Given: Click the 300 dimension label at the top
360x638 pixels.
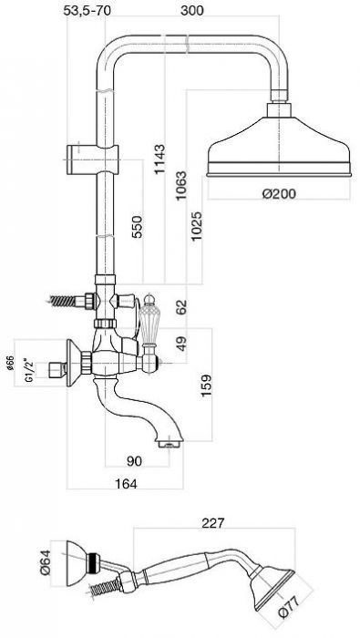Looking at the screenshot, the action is [192, 10].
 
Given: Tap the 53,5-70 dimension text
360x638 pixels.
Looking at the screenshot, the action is [87, 10].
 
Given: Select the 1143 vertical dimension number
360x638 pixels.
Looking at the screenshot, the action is [159, 159].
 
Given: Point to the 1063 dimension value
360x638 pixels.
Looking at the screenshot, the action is [181, 186].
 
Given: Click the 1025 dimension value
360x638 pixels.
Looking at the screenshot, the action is [197, 225].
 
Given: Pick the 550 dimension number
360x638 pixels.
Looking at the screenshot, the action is [137, 227].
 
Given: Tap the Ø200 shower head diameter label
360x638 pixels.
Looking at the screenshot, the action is [279, 193].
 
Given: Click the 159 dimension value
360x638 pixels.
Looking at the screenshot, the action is [206, 386].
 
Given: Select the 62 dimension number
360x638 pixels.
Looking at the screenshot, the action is [181, 307].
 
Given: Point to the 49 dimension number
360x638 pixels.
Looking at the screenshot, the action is [182, 344].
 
